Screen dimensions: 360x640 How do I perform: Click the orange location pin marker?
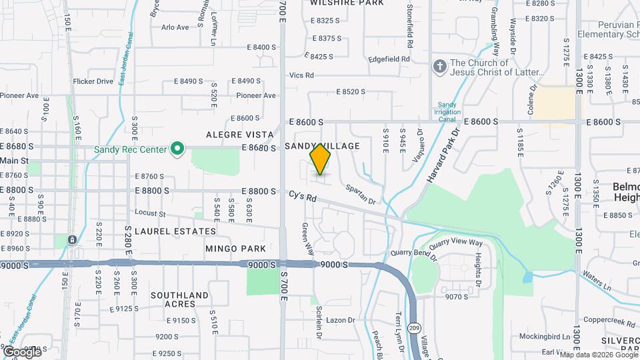321,159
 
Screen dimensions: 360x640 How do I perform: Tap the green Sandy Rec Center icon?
177,149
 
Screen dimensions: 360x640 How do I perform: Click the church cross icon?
439,66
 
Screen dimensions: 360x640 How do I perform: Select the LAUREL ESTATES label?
175,231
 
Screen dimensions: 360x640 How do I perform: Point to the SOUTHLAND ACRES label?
179,299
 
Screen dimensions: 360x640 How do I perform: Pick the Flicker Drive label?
93,81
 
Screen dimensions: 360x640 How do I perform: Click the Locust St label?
150,213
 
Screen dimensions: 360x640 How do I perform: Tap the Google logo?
22,351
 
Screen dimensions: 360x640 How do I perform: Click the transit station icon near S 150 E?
72,239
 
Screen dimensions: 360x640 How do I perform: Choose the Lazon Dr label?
341,320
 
